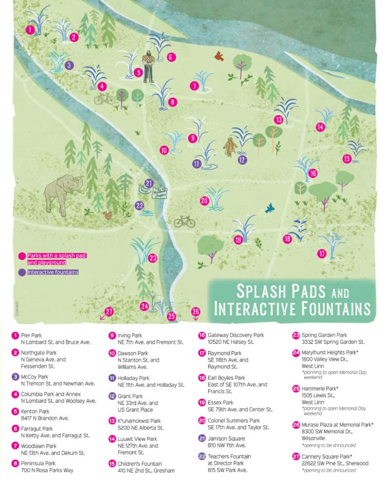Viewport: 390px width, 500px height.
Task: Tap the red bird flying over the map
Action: point(219,56)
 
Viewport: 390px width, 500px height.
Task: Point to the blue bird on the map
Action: point(269,208)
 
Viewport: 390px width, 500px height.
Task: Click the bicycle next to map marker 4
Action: point(105,100)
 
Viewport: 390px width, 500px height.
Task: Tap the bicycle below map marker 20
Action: point(184,222)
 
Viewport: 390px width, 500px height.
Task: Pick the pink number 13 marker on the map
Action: point(278,119)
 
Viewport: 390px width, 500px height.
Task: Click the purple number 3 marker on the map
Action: point(69,64)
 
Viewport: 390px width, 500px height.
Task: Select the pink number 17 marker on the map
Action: point(322,254)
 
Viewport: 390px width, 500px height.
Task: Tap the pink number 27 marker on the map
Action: point(109,312)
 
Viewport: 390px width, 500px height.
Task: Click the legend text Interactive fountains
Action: point(53,272)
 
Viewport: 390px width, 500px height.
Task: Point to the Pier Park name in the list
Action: point(32,335)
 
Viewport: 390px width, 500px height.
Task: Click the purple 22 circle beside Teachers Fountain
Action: point(201,456)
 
